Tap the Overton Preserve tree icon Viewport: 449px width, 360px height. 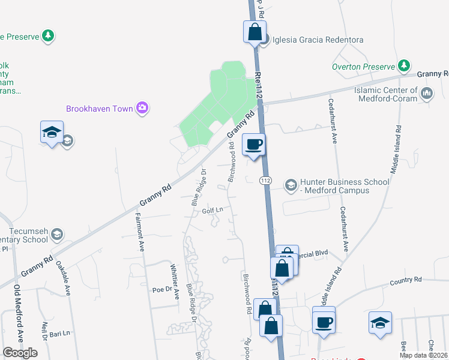click(405, 65)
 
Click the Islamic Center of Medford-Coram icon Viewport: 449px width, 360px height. click(427, 93)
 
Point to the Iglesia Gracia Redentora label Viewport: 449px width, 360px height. click(318, 40)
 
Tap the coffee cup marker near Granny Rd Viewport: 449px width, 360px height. click(254, 145)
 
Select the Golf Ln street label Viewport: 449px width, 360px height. click(212, 210)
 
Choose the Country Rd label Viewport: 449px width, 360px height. click(406, 280)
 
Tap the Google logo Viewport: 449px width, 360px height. click(20, 353)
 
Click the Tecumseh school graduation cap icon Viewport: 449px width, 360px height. click(57, 233)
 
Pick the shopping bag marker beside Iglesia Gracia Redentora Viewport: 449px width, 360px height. click(255, 32)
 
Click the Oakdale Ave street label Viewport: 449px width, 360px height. click(63, 278)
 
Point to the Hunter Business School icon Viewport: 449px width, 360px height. click(291, 185)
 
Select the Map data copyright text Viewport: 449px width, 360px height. click(423, 355)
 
